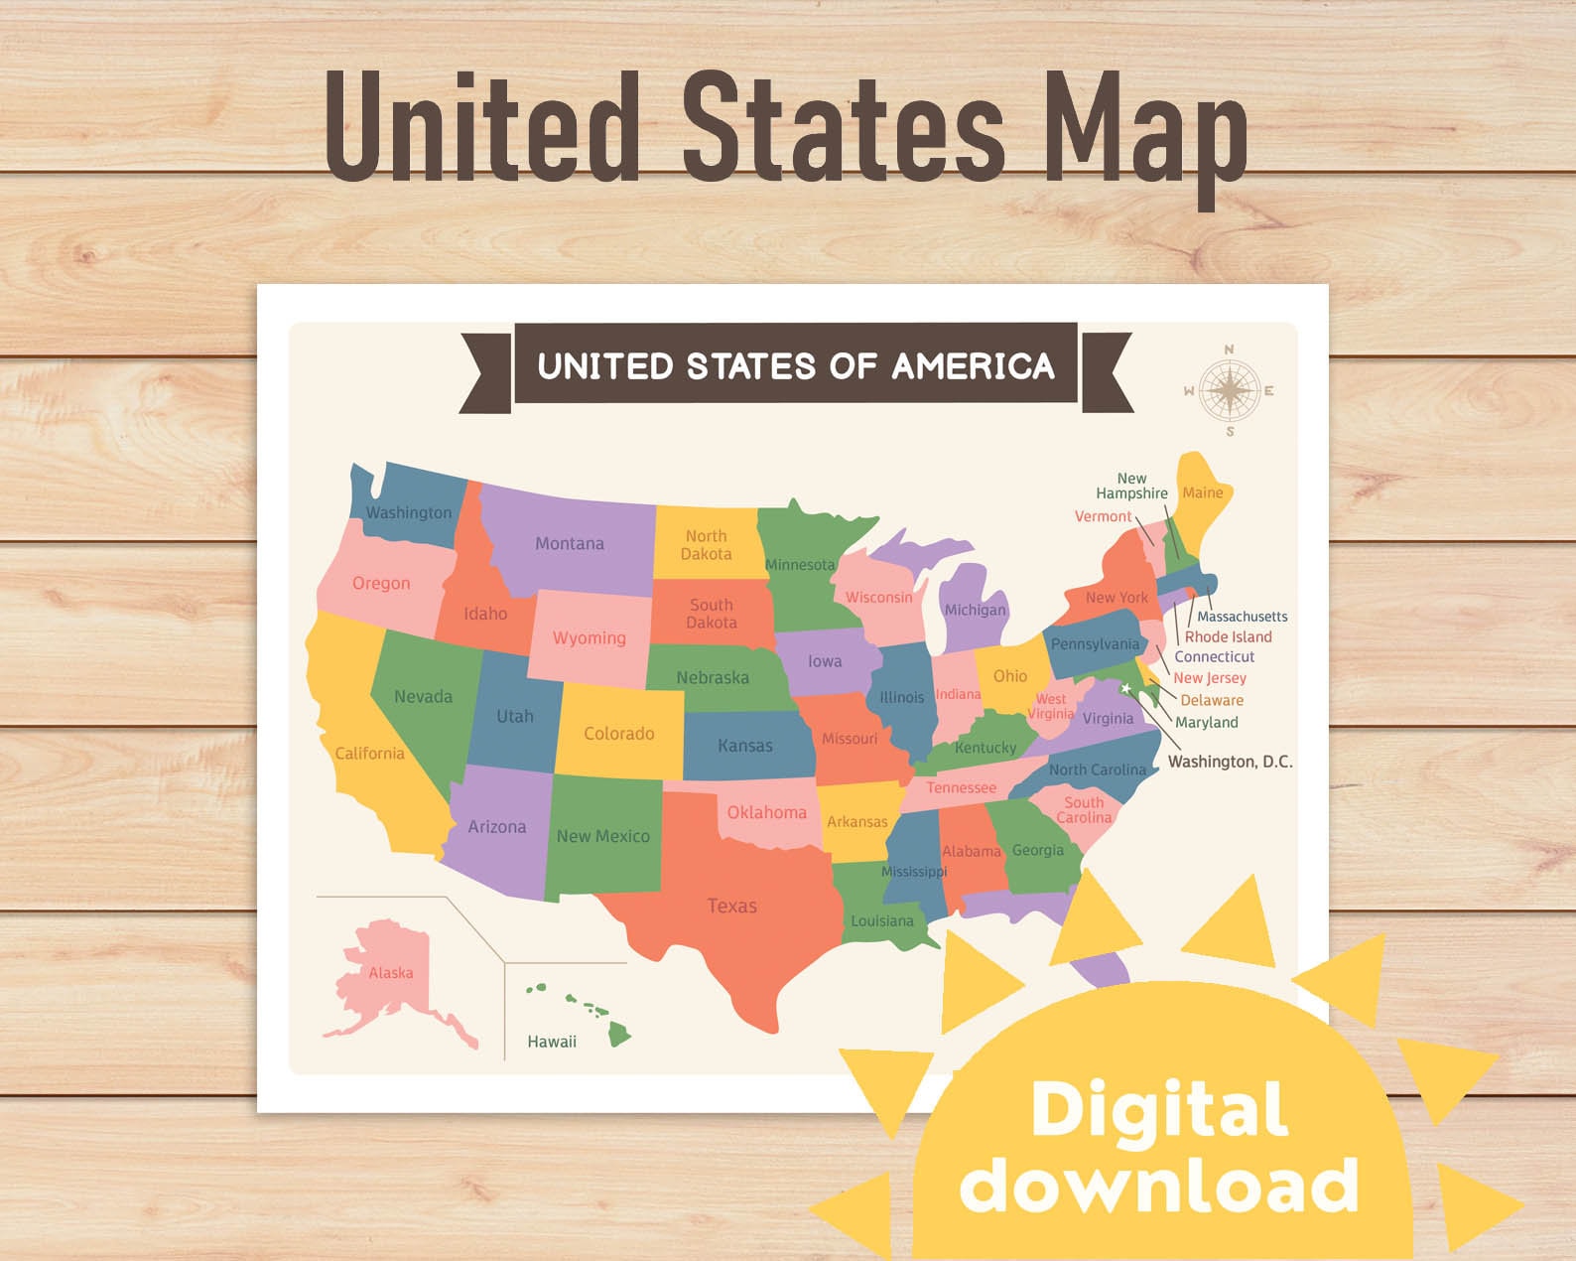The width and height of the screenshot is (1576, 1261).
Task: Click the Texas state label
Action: (731, 906)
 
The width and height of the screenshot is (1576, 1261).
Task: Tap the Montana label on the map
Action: (570, 544)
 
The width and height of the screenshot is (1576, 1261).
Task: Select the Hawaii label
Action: (552, 1042)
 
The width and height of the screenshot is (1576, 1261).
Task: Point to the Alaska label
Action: (391, 973)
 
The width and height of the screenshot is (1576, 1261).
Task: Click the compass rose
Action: (1230, 390)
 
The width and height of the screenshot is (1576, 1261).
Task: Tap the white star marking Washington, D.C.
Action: (1126, 688)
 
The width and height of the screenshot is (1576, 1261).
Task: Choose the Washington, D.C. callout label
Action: (1230, 762)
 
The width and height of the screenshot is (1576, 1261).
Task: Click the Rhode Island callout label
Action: (1228, 637)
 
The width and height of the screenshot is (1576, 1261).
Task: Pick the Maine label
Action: (1202, 492)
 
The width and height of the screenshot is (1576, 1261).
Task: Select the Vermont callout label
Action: (1103, 516)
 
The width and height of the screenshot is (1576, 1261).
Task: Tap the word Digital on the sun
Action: (1159, 1109)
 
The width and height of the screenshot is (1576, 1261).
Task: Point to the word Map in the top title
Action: (1146, 134)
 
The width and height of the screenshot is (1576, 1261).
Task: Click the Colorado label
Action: (618, 734)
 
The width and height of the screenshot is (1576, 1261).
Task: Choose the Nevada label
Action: (423, 697)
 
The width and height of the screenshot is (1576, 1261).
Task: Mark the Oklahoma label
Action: (766, 812)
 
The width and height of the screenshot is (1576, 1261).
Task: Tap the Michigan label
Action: (975, 610)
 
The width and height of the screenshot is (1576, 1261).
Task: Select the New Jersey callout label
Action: (1210, 678)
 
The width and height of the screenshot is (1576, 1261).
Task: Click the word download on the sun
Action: (1159, 1186)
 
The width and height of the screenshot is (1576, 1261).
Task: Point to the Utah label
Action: (515, 716)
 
